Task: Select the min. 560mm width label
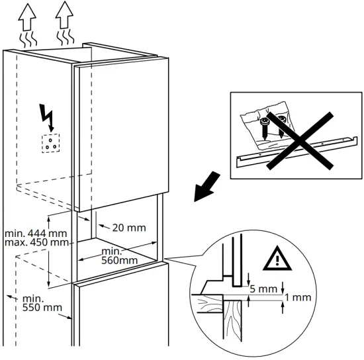click(120, 256)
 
